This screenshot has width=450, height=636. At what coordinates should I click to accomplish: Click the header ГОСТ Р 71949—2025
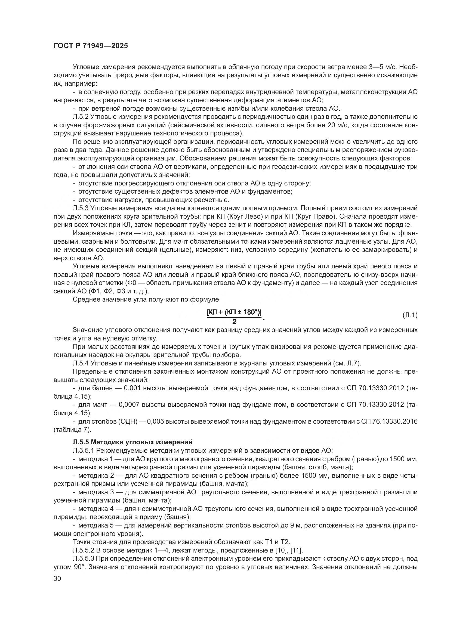pyautogui.click(x=91, y=46)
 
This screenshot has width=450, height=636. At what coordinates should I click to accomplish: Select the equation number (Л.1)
pyautogui.click(x=409, y=315)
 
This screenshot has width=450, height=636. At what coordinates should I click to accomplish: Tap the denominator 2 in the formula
pyautogui.click(x=234, y=322)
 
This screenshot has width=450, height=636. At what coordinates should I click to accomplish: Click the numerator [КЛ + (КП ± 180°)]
pyautogui.click(x=234, y=312)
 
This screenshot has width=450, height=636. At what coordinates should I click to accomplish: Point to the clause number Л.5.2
pyautogui.click(x=81, y=117)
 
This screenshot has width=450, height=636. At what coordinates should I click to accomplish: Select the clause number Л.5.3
pyautogui.click(x=81, y=208)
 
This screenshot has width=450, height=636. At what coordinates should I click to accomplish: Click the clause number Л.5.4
pyautogui.click(x=81, y=363)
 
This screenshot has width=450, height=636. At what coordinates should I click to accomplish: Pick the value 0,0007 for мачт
pyautogui.click(x=129, y=405)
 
